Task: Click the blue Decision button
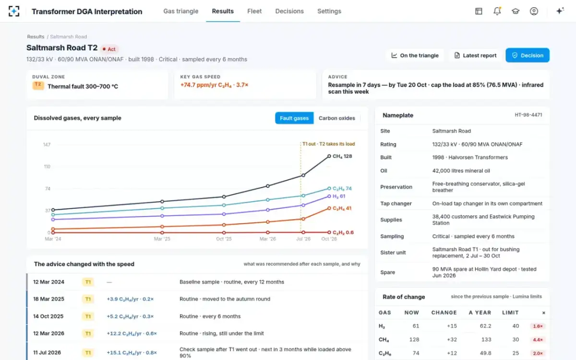[528, 55]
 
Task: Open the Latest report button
[476, 55]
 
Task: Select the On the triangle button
[415, 55]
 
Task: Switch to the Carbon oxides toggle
[337, 118]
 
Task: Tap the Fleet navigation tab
[254, 11]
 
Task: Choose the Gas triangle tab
[181, 11]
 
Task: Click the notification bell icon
[497, 11]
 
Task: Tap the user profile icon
[534, 11]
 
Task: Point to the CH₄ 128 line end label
[342, 156]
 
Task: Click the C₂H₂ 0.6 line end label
[343, 232]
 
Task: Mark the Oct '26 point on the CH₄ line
[329, 156]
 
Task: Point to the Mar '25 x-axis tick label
[162, 239]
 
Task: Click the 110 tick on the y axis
[47, 167]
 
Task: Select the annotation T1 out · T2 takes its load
[329, 144]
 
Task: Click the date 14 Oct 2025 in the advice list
[48, 316]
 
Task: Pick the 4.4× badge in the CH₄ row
[538, 340]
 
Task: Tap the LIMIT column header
[510, 312]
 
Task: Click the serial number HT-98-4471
[528, 115]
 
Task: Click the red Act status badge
[109, 49]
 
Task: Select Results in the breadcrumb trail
[36, 36]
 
